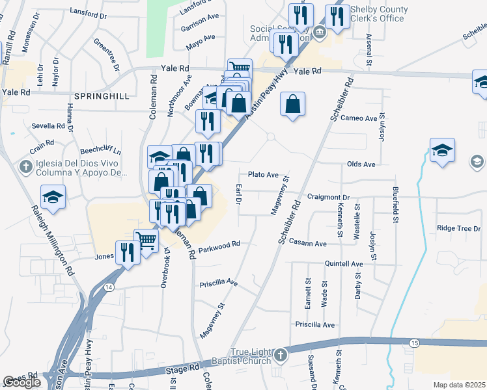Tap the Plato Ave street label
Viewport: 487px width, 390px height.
pyautogui.click(x=263, y=174)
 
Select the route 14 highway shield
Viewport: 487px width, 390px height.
pyautogui.click(x=109, y=287)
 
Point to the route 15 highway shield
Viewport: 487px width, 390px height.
pyautogui.click(x=415, y=343)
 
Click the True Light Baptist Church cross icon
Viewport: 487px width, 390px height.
pyautogui.click(x=280, y=356)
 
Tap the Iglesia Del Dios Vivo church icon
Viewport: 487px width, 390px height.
pyautogui.click(x=25, y=167)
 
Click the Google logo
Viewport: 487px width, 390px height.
pyautogui.click(x=21, y=382)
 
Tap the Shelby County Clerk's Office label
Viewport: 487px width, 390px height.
pyautogui.click(x=379, y=14)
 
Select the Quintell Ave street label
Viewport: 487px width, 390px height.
pyautogui.click(x=344, y=264)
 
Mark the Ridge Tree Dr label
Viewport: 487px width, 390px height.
pyautogui.click(x=458, y=227)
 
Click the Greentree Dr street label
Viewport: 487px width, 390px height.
pyautogui.click(x=107, y=55)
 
